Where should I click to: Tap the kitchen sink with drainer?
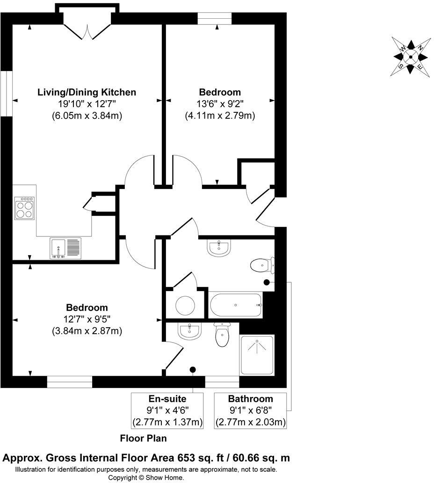click(x=65, y=248)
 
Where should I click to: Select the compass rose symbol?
click(x=410, y=57)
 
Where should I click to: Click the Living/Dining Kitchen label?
click(x=87, y=92)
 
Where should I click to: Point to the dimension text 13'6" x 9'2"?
click(x=220, y=104)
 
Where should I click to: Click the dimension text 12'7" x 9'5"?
click(x=87, y=320)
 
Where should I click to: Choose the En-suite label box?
click(x=168, y=410)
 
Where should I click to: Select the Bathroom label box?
click(x=250, y=410)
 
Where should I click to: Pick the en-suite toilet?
click(x=221, y=336)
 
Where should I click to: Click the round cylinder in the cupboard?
click(x=185, y=305)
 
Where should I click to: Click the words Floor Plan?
click(x=143, y=439)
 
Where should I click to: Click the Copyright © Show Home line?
click(x=146, y=477)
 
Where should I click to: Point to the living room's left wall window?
click(x=6, y=93)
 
